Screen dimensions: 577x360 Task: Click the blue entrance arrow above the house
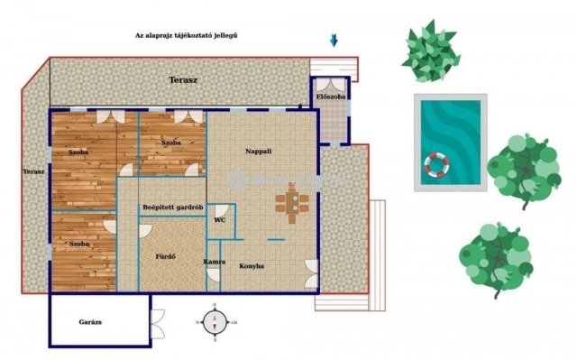[x=334, y=41]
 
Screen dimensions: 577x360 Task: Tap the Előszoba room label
[x=331, y=97]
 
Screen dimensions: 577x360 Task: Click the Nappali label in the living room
[x=259, y=152]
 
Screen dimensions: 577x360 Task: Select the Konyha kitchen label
[x=252, y=266]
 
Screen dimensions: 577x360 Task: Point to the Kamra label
[x=215, y=262]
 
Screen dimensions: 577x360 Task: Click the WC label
[x=220, y=220]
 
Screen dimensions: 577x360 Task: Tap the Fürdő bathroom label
[x=165, y=256]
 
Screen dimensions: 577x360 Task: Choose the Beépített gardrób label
[x=173, y=208]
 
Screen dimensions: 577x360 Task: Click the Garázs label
[x=90, y=322]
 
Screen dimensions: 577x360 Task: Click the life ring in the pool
[x=436, y=164]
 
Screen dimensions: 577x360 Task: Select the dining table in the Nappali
[x=292, y=203]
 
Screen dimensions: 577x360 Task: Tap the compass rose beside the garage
[x=215, y=322]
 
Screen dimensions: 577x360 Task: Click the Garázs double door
[x=158, y=324]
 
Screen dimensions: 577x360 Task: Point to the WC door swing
[x=222, y=211]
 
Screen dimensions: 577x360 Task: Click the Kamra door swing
[x=213, y=275]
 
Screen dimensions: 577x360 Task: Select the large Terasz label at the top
[x=183, y=80]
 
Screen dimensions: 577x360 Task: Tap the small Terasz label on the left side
[x=34, y=171]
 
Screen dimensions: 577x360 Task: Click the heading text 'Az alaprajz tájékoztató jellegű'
[x=187, y=35]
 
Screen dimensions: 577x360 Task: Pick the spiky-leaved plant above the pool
[x=431, y=51]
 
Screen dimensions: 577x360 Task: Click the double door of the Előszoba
[x=330, y=84]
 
